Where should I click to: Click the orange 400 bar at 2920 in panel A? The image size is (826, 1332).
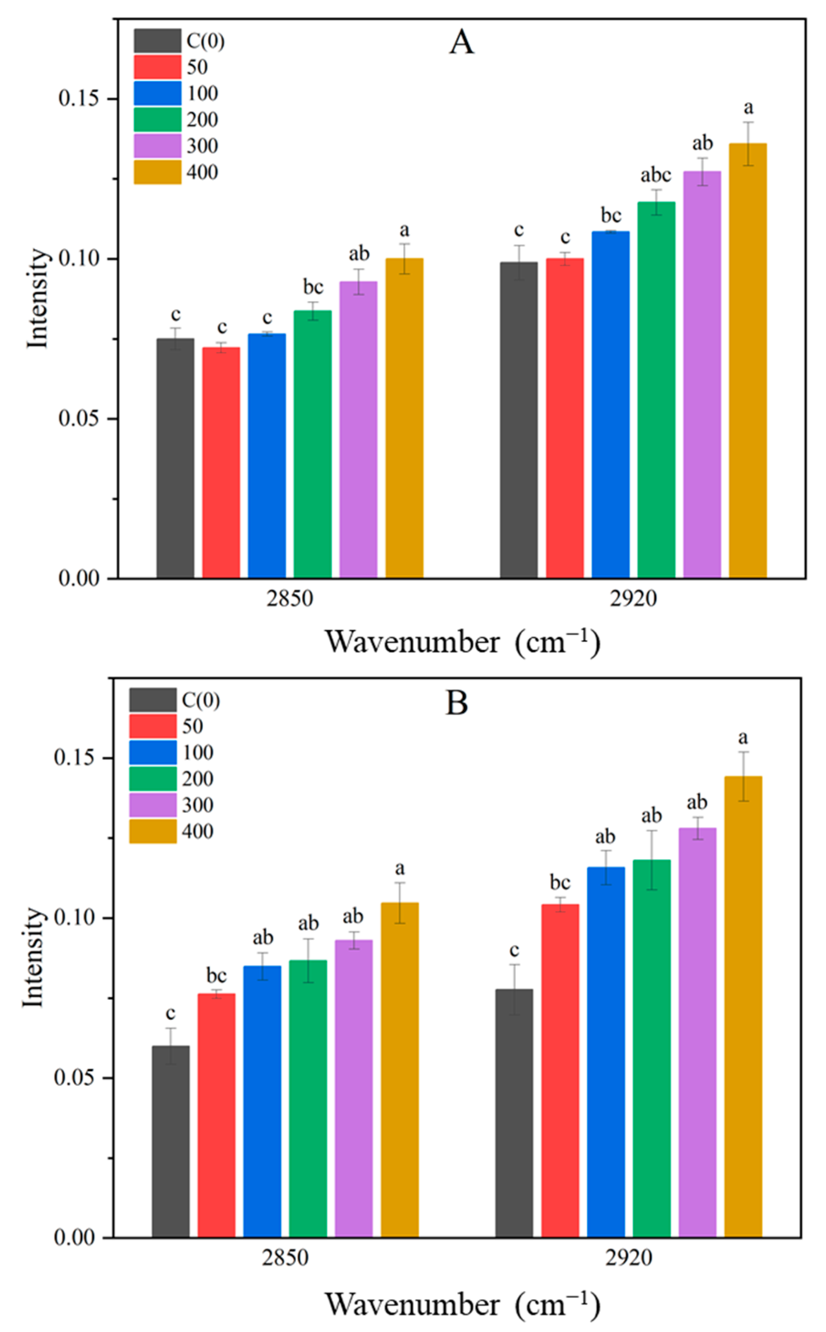click(748, 360)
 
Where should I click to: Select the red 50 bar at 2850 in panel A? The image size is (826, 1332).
click(221, 462)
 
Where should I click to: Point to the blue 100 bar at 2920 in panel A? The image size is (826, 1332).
click(610, 404)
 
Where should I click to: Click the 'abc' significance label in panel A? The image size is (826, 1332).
click(655, 175)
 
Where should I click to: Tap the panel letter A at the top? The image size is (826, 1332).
click(461, 42)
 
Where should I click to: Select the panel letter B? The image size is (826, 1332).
click(457, 703)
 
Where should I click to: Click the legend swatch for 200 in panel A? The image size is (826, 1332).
click(157, 119)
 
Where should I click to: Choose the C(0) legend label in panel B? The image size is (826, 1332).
click(201, 700)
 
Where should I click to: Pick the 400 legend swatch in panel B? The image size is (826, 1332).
click(153, 831)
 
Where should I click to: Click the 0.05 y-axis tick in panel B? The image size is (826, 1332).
click(77, 1077)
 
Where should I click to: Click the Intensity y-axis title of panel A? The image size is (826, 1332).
click(38, 298)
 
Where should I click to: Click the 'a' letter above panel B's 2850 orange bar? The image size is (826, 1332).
click(400, 868)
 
